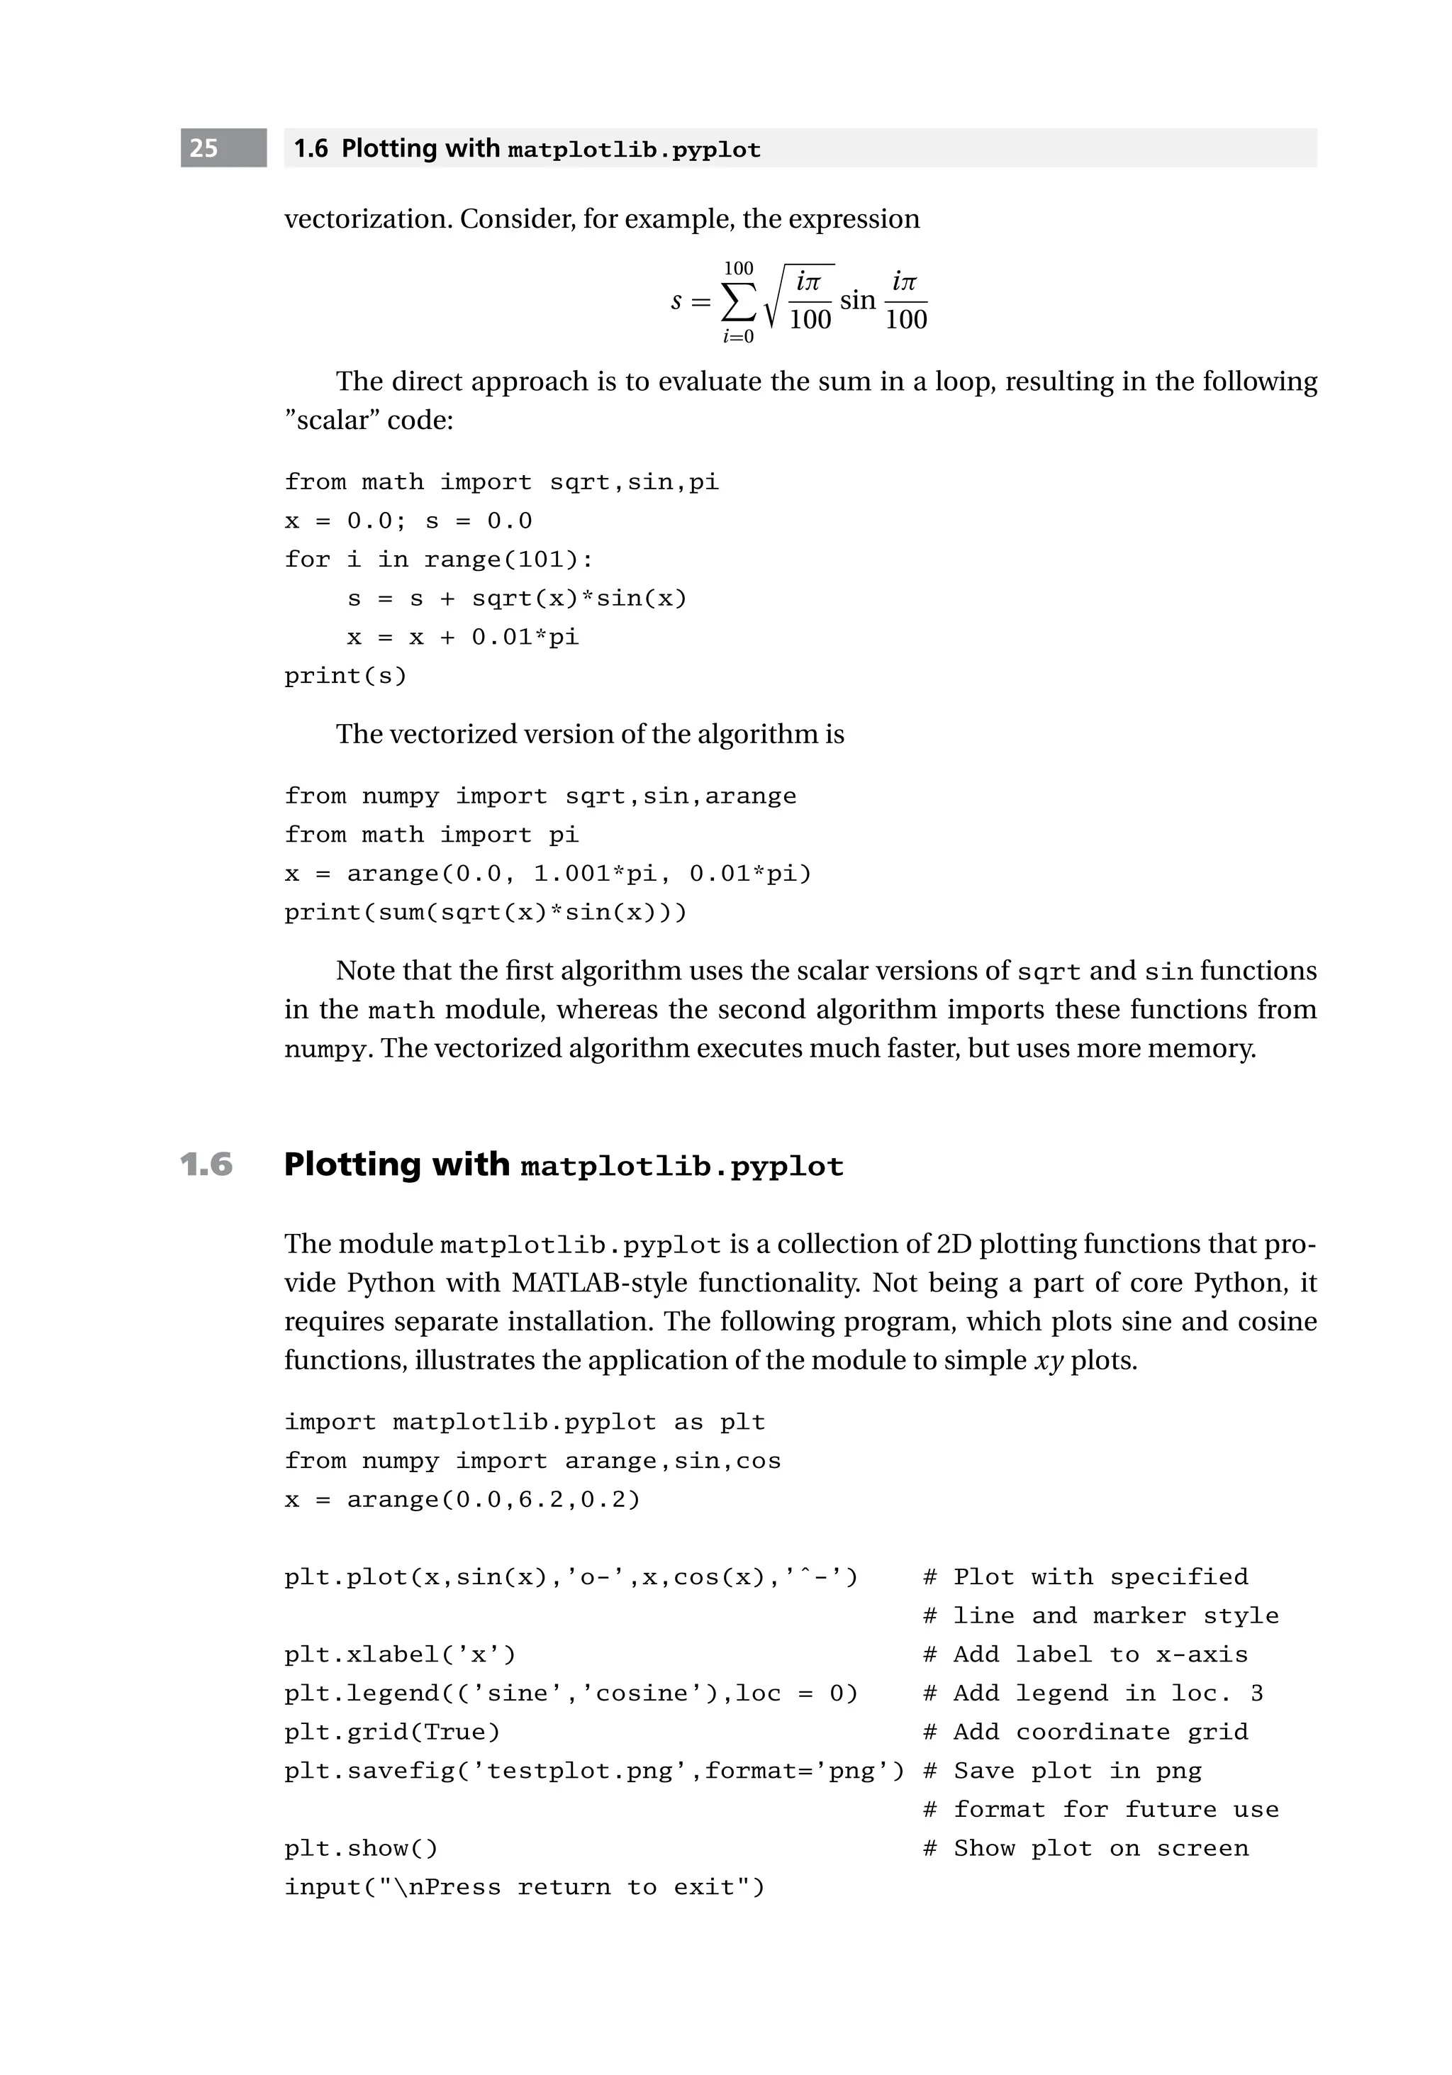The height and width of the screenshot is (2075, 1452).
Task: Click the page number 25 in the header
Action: [x=204, y=148]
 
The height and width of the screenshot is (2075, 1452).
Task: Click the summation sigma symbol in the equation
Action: [x=737, y=302]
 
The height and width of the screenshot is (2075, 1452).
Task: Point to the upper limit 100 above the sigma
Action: [x=738, y=268]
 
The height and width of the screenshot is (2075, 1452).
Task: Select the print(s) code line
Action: [x=345, y=676]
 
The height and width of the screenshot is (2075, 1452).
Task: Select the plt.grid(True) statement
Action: [x=392, y=1732]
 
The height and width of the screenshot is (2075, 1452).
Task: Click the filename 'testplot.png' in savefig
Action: [x=579, y=1771]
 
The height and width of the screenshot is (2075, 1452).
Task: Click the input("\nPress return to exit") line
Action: [x=524, y=1887]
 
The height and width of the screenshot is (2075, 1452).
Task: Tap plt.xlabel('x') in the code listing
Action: [x=399, y=1654]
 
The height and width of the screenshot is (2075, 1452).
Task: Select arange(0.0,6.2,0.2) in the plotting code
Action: [x=493, y=1499]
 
